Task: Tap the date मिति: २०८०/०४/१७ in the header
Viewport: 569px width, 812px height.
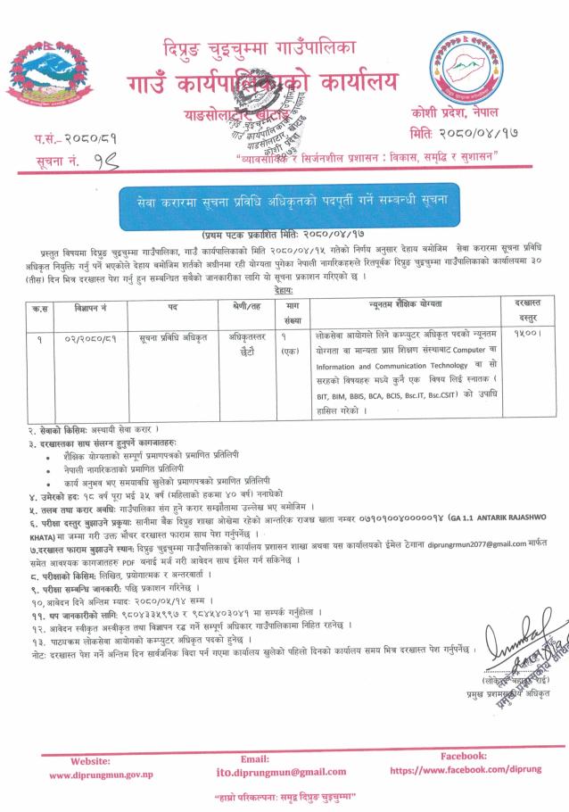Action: (x=464, y=134)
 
